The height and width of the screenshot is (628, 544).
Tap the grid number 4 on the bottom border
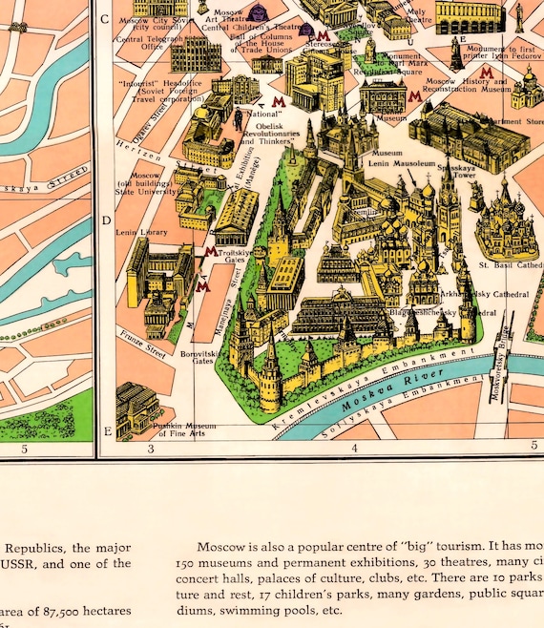coord(354,448)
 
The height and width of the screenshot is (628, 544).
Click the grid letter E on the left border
coord(106,431)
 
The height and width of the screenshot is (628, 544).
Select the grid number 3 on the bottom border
coord(150,448)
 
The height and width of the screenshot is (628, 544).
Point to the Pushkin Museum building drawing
coord(136,408)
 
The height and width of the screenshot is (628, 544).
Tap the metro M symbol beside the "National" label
coord(277,101)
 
